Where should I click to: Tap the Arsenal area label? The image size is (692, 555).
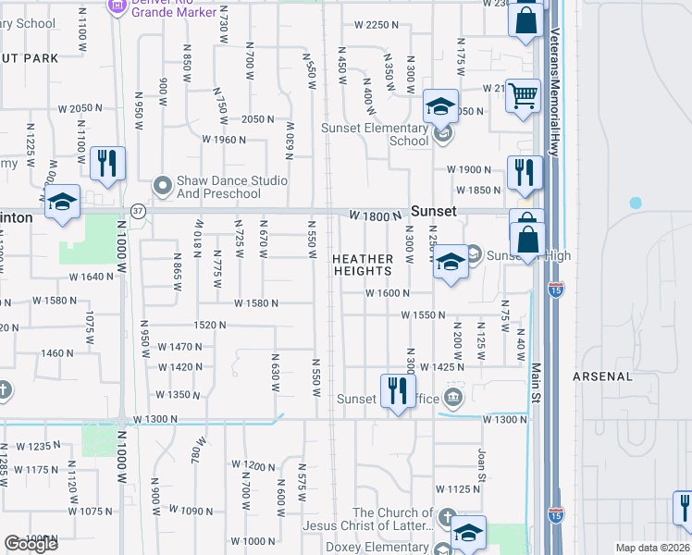[602, 376]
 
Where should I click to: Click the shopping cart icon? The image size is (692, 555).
[523, 94]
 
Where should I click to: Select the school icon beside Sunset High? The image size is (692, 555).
[451, 262]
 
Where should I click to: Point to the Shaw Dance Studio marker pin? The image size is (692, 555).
[163, 186]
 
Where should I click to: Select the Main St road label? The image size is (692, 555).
[535, 383]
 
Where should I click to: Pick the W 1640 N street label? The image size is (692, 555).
[92, 277]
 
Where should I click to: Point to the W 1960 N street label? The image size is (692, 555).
[224, 140]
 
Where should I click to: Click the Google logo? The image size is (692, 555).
[31, 544]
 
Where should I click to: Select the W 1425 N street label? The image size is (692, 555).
[441, 367]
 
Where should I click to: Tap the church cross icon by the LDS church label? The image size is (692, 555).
[447, 517]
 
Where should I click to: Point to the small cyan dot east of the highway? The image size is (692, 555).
[636, 203]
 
